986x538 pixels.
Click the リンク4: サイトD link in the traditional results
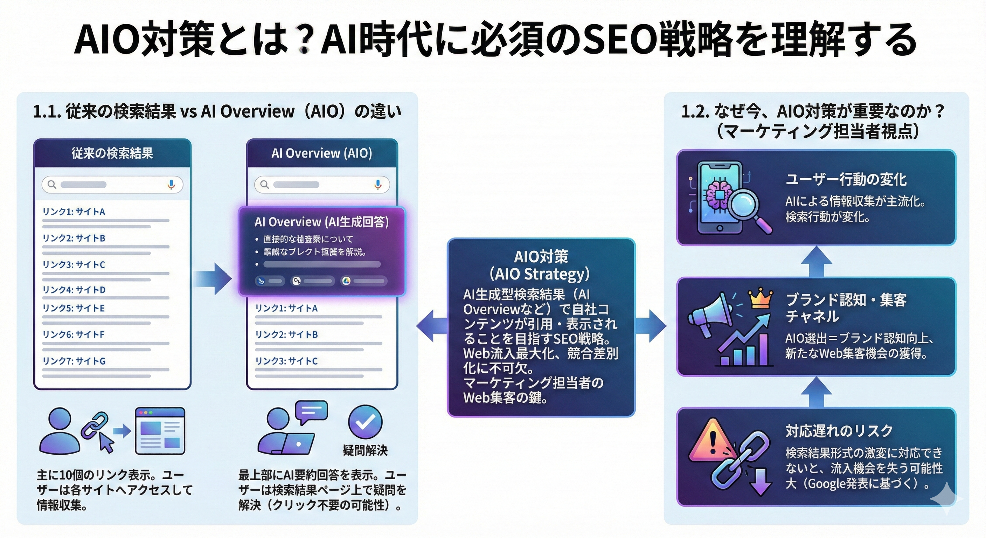click(74, 290)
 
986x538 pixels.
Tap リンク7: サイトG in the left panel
click(74, 361)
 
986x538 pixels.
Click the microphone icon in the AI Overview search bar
click(378, 185)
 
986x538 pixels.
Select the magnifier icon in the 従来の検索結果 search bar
click(52, 185)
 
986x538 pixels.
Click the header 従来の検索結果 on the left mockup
click(112, 153)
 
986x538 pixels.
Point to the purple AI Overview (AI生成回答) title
click(321, 222)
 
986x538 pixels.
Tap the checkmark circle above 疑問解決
click(365, 422)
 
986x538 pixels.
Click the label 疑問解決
click(365, 450)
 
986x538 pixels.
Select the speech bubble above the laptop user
click(312, 412)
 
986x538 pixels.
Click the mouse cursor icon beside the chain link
click(106, 443)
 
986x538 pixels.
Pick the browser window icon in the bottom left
click(160, 431)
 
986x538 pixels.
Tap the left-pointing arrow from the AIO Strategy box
click(431, 326)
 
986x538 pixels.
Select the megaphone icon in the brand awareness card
click(710, 316)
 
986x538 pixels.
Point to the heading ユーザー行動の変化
click(846, 180)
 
